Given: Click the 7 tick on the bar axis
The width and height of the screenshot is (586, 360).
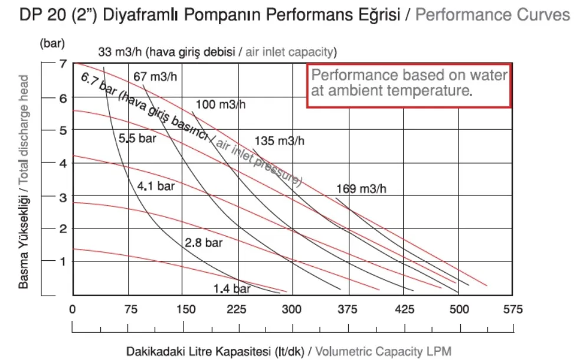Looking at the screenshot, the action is coord(63,64).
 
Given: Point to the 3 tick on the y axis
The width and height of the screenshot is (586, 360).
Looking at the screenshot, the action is coord(63,197).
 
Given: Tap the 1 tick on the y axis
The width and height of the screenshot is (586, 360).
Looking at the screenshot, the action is coord(63,261).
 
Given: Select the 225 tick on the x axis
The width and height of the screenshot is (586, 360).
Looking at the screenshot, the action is coord(237,309).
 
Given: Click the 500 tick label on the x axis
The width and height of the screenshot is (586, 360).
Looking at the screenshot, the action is coord(459,309).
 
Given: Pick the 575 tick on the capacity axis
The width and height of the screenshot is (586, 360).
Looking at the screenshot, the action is coord(512,309).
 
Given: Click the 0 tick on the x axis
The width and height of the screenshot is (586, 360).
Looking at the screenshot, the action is coord(73,309).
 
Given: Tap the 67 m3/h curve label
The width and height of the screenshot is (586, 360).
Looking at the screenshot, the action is coord(155,77).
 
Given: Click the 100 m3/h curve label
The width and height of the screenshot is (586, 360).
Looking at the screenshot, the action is coord(221,104).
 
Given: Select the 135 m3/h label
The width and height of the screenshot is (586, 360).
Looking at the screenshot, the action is coord(279,141).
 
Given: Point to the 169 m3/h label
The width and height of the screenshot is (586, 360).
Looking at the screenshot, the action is coord(361,189).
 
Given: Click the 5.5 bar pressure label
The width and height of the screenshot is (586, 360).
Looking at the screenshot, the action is coord(137,138).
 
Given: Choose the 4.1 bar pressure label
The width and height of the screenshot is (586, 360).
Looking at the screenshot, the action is coord(155,186).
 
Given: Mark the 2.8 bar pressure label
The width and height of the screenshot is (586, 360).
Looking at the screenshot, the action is coord(204,243).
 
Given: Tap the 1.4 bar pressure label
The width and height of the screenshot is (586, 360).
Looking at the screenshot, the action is coord(232,289).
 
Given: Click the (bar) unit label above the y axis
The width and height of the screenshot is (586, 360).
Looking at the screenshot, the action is coord(53,43).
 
